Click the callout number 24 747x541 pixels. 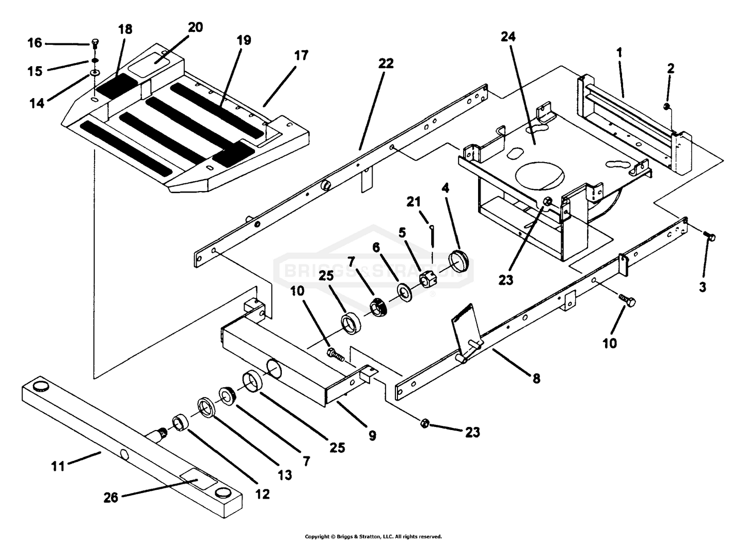pos(508,37)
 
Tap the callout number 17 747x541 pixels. pos(301,56)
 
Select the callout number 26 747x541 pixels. pos(111,497)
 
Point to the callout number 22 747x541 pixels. pos(385,64)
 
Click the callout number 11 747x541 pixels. pos(58,467)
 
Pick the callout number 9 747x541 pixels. pos(372,435)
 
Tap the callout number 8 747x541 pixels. pos(536,378)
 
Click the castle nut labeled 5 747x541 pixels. pos(428,280)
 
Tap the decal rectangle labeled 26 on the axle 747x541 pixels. pos(198,481)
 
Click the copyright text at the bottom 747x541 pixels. pos(373,537)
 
